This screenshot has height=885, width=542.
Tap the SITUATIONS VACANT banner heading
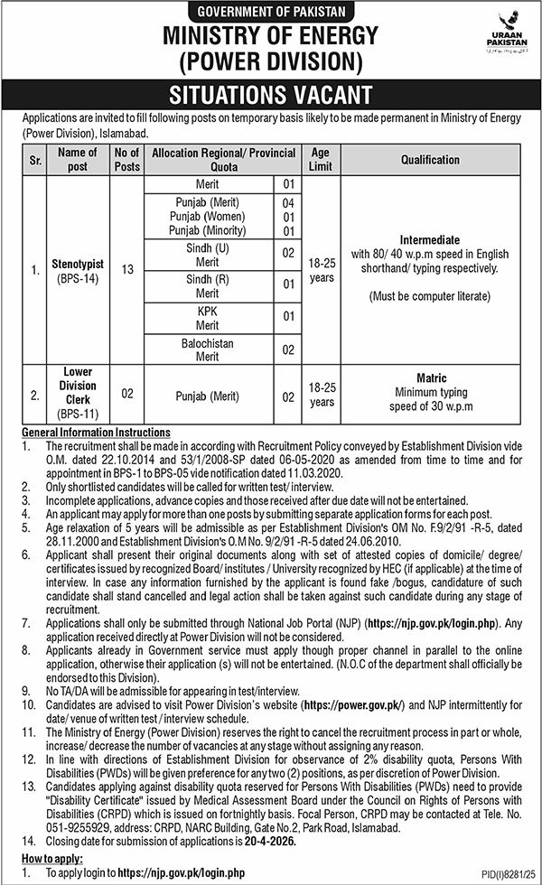coord(270,95)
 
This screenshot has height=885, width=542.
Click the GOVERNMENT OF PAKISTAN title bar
coord(270,11)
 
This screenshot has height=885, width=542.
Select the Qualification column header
coord(431,160)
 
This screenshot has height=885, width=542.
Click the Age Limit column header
coord(321,160)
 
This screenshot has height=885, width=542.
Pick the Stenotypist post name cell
coord(77,269)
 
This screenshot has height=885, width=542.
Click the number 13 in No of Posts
coord(126,269)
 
